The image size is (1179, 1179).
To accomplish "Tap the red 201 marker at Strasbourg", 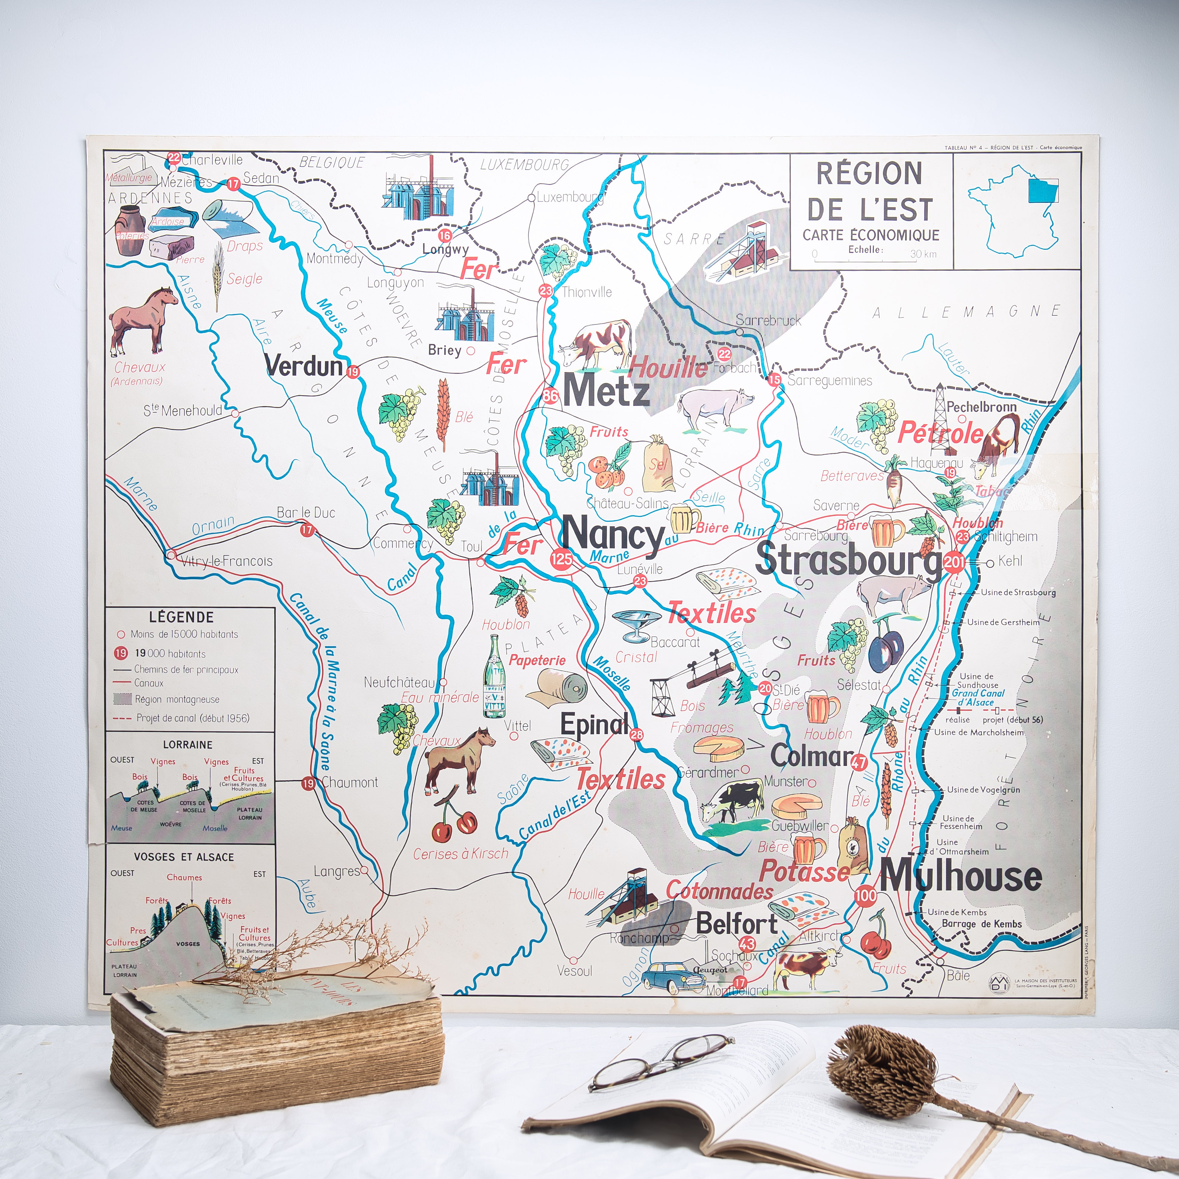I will coord(954,562).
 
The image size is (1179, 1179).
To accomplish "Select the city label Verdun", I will coord(304,366).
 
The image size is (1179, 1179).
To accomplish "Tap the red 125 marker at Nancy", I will coord(561,558).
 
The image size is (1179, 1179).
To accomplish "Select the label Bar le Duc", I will coord(306,513).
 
